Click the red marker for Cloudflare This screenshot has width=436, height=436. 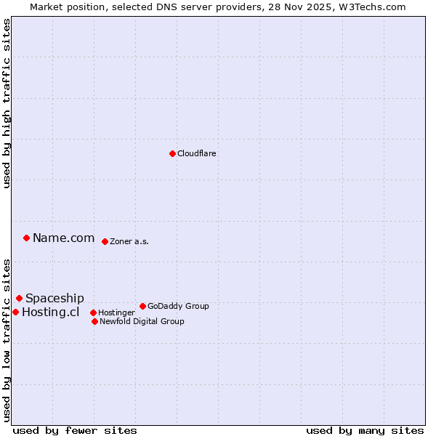tap(172, 153)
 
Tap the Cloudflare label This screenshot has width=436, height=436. tap(197, 153)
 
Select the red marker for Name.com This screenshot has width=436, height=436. tap(26, 238)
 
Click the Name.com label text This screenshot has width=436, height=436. tap(63, 238)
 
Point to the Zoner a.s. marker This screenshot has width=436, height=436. tap(105, 241)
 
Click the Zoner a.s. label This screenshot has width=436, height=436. tap(129, 241)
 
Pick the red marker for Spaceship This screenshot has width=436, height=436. tap(19, 298)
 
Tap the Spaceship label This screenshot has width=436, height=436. tap(54, 298)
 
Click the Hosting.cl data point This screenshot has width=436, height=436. tap(15, 312)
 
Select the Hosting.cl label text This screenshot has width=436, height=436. tap(50, 312)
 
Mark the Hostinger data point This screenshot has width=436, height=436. tap(93, 312)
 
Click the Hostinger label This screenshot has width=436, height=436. tap(116, 312)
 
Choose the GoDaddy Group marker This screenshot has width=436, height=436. tap(142, 306)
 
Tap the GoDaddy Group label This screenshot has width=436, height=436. tap(178, 306)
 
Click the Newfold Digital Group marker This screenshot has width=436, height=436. tap(94, 321)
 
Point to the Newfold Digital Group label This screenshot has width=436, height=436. tap(142, 321)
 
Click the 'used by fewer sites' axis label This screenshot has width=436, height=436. tap(75, 430)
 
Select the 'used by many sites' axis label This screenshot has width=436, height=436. tap(365, 430)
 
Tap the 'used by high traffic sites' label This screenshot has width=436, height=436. tap(7, 103)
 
